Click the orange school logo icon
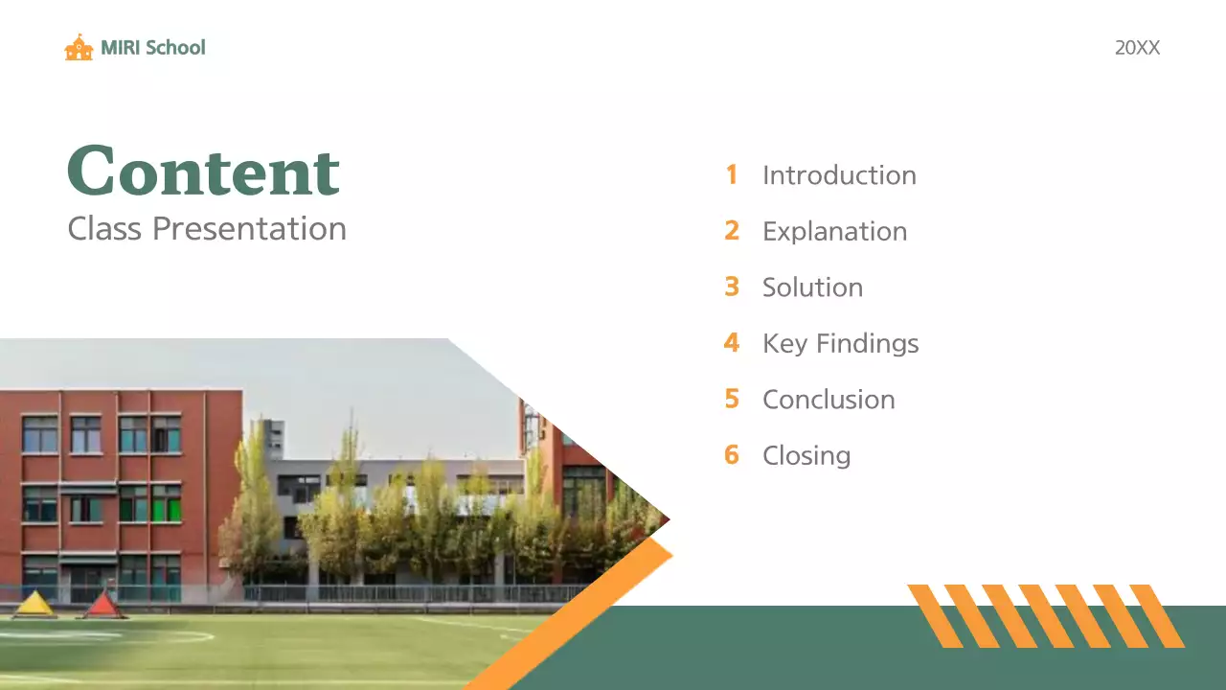[79, 47]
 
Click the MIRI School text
[153, 47]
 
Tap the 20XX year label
[1137, 48]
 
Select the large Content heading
[203, 171]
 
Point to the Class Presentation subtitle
[207, 229]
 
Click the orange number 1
[732, 174]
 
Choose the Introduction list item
[839, 175]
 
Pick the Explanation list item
[834, 231]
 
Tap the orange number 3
[732, 287]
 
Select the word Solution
[812, 287]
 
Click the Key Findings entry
[840, 343]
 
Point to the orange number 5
[732, 399]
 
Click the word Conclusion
[829, 400]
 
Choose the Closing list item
[806, 455]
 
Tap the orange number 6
[732, 454]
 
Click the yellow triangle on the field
[34, 604]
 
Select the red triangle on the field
[102, 604]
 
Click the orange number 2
[732, 231]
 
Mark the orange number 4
[732, 343]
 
